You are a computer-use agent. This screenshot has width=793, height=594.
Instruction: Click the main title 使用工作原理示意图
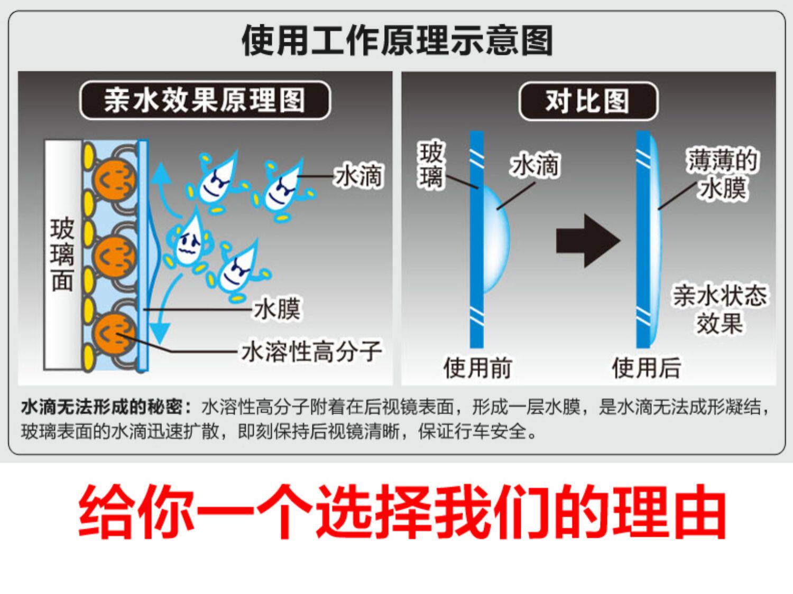tap(397, 41)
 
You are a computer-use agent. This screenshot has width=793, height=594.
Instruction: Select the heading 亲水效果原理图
tap(205, 100)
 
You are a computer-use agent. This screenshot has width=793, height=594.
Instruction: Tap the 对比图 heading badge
tap(588, 101)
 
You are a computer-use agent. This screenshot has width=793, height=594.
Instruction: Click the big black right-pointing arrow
tap(587, 241)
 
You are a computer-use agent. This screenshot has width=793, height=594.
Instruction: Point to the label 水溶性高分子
tap(311, 352)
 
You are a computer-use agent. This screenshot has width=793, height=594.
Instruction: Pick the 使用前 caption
tap(477, 367)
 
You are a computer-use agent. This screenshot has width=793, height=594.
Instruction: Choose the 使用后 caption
tap(646, 367)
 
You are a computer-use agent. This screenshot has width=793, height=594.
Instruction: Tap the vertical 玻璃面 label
tap(62, 254)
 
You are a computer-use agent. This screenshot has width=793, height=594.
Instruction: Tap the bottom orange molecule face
tap(114, 333)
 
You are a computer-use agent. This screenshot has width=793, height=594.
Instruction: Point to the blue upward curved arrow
tap(162, 185)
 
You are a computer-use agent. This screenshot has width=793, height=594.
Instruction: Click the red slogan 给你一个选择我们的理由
tap(402, 511)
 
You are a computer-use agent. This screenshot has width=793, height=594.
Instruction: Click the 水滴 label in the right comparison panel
tap(534, 165)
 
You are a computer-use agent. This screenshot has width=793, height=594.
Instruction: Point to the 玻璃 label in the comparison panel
tap(431, 165)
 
